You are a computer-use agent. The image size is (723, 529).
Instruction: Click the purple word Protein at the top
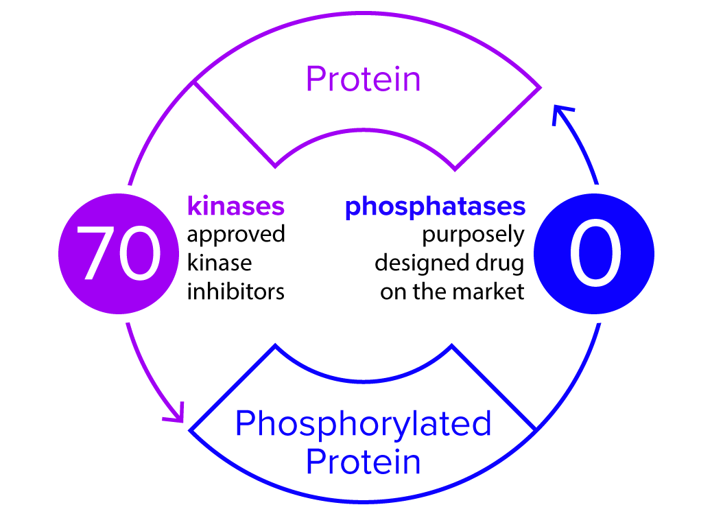coord(363,80)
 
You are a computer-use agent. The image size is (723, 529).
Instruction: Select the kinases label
coord(235,206)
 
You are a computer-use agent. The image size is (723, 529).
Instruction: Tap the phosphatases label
coord(435,207)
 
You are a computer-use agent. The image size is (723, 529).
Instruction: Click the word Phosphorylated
coord(363,424)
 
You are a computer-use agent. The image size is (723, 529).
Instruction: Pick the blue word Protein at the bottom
coord(363,462)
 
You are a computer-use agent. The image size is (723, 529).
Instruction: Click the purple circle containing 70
coord(119,253)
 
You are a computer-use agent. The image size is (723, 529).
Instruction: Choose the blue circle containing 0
coord(594,253)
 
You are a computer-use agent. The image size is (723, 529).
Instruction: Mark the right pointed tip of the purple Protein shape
coord(540,88)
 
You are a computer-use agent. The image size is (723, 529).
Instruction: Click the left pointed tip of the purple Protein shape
coord(194,82)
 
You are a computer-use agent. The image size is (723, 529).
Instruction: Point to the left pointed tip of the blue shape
coord(190,430)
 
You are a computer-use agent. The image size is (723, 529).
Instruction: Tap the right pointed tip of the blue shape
coord(535,430)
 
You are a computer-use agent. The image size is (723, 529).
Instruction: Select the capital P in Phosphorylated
coord(246,424)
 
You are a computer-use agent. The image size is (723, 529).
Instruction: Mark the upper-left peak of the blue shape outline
coord(276,346)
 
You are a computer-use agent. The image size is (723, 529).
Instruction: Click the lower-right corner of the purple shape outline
coord(454,169)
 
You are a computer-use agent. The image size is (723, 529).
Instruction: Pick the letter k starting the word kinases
coord(193,206)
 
